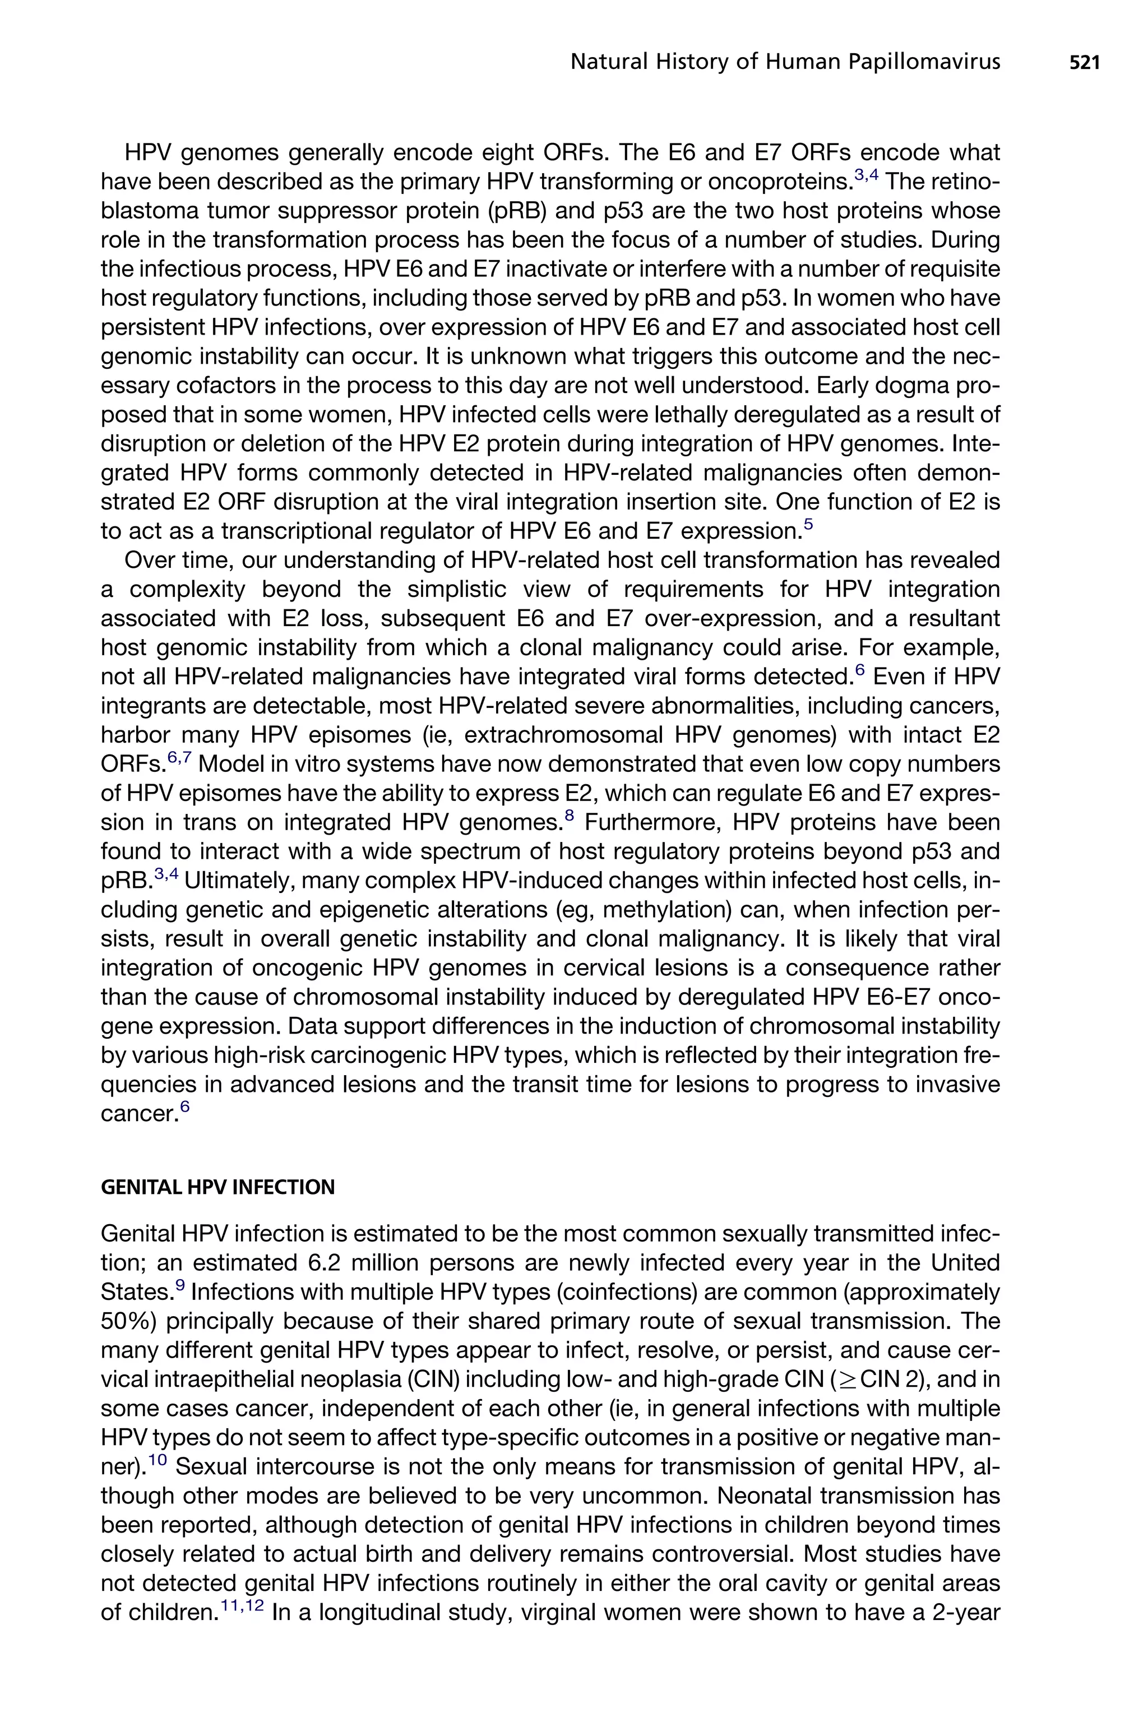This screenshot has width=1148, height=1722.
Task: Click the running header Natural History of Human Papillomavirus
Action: coord(785,63)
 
